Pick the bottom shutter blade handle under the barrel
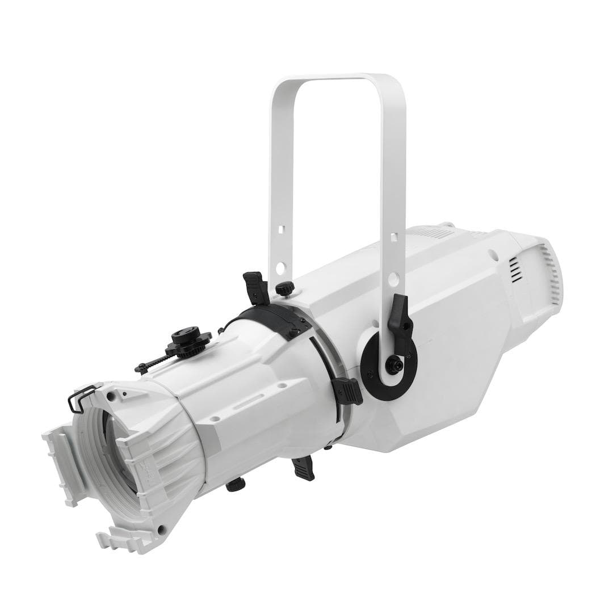pyautogui.click(x=304, y=469)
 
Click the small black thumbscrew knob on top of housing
pyautogui.click(x=285, y=288)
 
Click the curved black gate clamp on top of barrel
pyautogui.click(x=278, y=318)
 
